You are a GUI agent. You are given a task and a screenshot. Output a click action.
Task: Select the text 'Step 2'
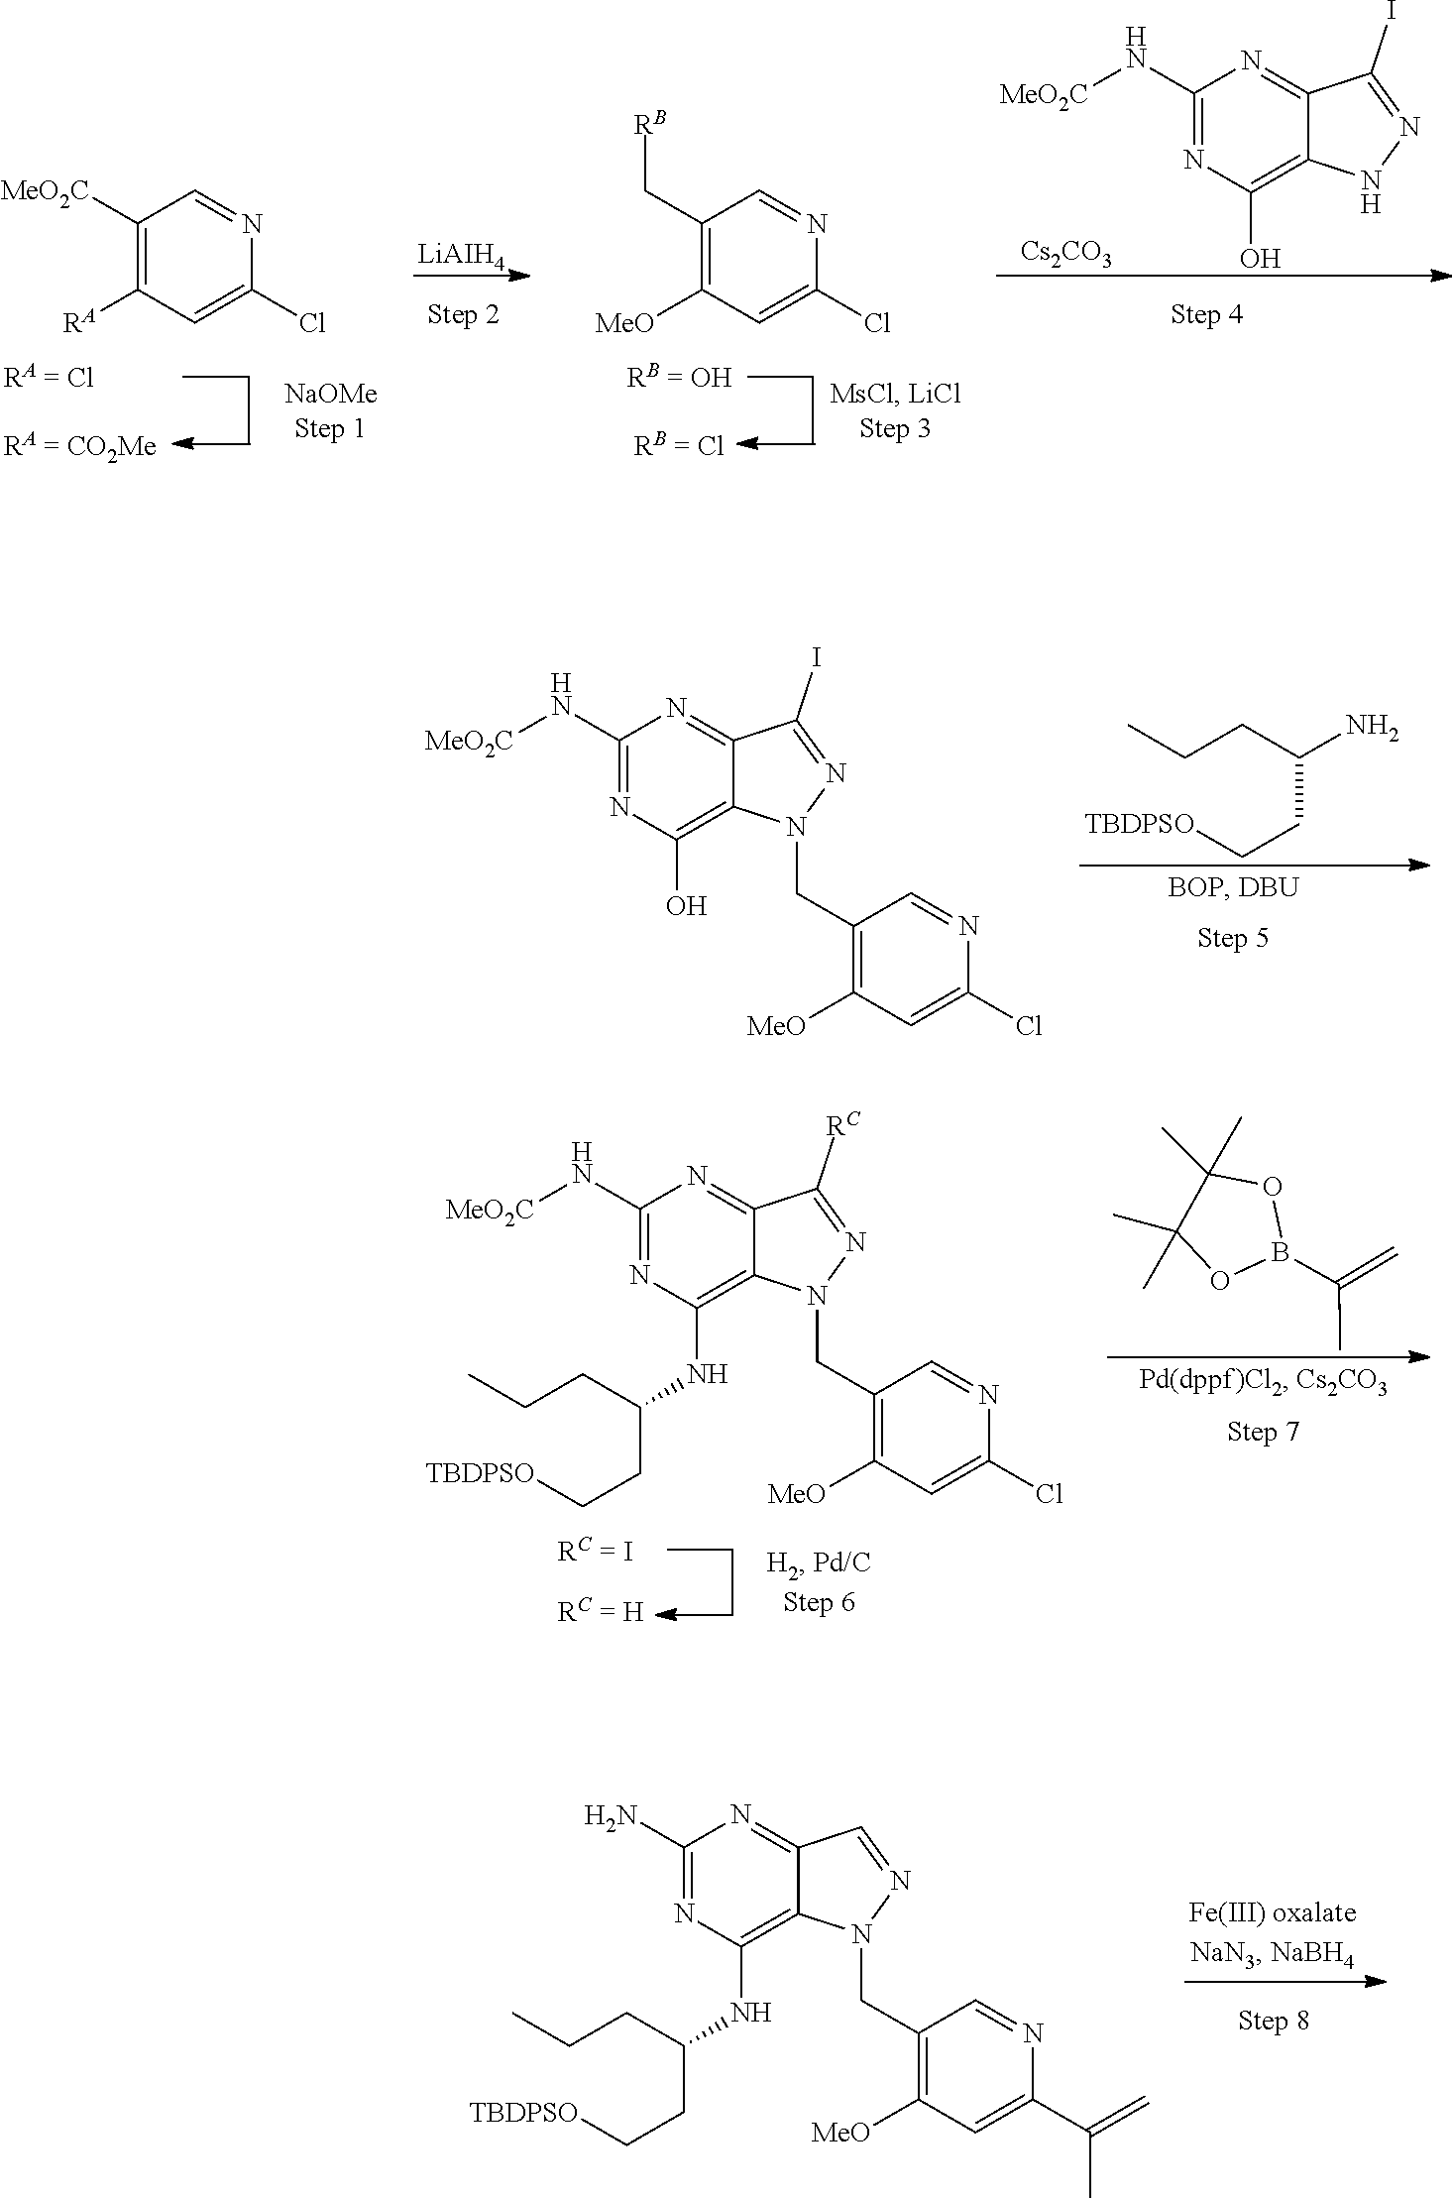463,314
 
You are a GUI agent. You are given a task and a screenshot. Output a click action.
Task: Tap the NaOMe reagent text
331,394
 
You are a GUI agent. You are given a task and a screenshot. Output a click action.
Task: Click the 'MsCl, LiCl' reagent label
896,394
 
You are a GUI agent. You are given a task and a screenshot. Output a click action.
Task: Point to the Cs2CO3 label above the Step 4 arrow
1065,254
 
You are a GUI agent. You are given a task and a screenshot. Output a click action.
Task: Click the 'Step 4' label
1206,314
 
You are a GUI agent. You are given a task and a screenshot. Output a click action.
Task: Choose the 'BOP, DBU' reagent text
1232,886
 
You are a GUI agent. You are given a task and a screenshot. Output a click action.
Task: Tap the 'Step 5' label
1232,938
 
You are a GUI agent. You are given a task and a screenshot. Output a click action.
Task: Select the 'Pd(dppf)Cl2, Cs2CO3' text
1263,1382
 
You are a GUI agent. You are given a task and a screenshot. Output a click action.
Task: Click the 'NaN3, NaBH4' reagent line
1273,1954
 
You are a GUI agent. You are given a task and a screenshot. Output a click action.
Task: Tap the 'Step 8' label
1273,2021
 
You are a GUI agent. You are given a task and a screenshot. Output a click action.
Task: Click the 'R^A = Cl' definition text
50,377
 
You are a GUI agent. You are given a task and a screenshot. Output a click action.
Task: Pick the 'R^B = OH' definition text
680,377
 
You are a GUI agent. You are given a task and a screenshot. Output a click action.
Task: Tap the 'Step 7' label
1263,1432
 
